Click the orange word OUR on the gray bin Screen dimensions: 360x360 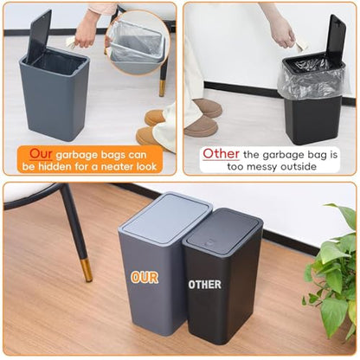pos(145,277)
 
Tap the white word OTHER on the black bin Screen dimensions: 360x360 pos(205,285)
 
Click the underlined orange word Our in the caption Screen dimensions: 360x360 pos(41,154)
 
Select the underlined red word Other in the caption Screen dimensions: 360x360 pos(221,153)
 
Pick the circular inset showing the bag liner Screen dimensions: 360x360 pos(137,42)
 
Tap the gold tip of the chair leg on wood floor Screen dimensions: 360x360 pos(87,270)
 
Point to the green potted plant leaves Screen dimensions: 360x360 pos(331,271)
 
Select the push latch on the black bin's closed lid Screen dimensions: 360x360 pos(211,241)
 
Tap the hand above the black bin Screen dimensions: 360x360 pos(283,33)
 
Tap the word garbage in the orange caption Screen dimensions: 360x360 pos(76,155)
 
